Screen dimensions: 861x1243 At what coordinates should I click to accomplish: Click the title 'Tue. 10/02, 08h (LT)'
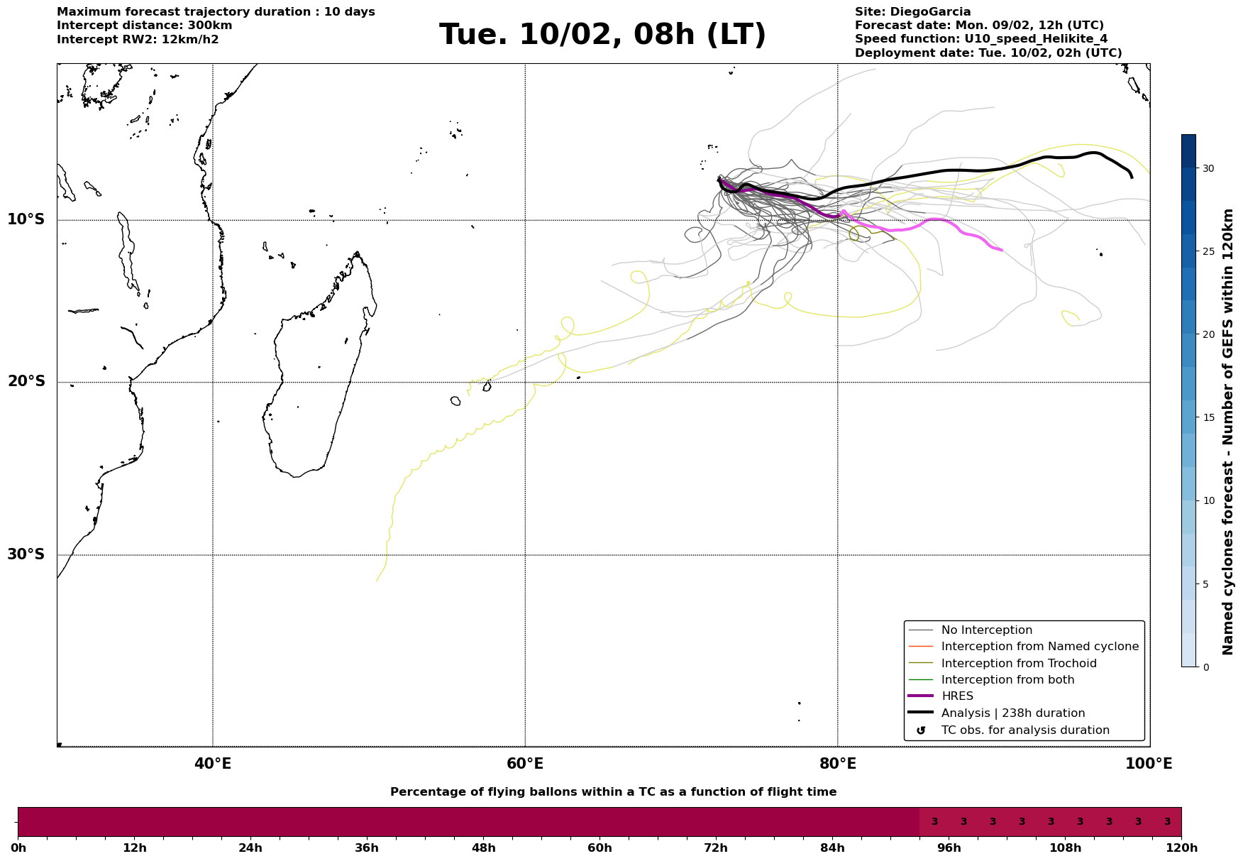pos(602,35)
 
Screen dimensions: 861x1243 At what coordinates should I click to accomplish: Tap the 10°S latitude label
pos(26,219)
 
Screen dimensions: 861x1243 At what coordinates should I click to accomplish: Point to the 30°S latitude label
pos(26,554)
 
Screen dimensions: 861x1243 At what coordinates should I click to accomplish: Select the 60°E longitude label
pos(525,764)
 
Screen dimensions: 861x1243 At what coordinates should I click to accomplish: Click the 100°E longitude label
pos(1149,764)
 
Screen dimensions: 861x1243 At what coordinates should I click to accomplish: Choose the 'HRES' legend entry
pos(957,696)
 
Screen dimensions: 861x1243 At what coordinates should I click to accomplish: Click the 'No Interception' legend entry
pos(986,630)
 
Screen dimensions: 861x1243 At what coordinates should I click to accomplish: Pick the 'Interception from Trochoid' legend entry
pos(1018,664)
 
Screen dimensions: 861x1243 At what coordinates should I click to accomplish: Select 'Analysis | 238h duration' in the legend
pos(1012,713)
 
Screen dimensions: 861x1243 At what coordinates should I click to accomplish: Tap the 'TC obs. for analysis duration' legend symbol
pos(921,730)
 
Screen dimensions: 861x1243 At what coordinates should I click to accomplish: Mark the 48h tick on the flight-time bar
pos(483,848)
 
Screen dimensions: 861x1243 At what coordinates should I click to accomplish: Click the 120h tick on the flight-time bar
pos(1181,848)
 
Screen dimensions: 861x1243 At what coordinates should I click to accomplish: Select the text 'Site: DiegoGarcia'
pos(912,12)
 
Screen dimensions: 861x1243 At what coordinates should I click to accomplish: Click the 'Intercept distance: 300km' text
pos(144,26)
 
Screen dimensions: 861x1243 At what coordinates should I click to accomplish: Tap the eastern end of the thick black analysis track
pos(1131,177)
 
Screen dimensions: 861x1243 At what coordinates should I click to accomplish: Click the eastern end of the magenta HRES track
pos(1001,250)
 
